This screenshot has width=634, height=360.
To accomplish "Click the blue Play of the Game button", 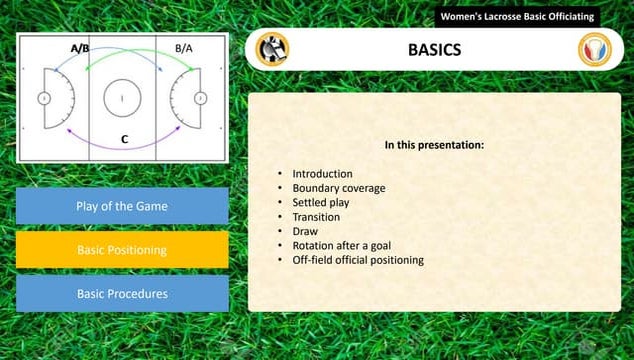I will tap(122, 206).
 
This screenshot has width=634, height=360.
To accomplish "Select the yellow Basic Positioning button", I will tap(122, 250).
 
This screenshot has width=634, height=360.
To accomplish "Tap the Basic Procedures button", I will tap(122, 294).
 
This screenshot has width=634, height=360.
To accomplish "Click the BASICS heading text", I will tap(435, 49).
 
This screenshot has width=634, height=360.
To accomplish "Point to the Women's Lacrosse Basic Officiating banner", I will tap(517, 17).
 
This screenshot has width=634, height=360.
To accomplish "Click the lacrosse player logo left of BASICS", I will tap(271, 49).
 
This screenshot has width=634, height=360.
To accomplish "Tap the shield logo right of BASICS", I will tap(595, 49).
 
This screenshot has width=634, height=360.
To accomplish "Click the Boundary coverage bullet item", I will tap(338, 188).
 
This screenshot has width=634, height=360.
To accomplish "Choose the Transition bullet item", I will tap(316, 217).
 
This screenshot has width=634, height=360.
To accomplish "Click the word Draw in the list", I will tap(304, 231).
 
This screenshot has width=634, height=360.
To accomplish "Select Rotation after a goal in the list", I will tap(342, 245).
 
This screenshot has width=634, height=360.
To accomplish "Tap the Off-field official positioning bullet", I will tap(357, 260).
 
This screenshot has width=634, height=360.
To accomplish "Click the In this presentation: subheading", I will tap(434, 145).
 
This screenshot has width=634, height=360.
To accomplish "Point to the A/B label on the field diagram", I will tap(80, 47).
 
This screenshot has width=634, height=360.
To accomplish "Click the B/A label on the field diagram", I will tap(184, 47).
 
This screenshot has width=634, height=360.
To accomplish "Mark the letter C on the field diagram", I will tap(124, 140).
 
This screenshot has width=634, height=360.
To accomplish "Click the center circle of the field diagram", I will tap(122, 98).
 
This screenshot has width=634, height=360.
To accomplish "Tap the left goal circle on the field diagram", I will tap(44, 98).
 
